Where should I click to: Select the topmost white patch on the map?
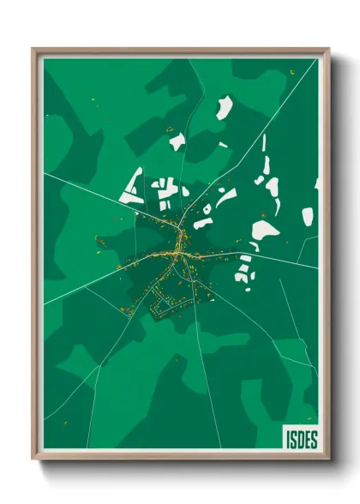[x=224, y=108]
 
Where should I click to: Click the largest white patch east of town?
[x=264, y=230]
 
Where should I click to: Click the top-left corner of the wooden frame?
[x=34, y=50]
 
